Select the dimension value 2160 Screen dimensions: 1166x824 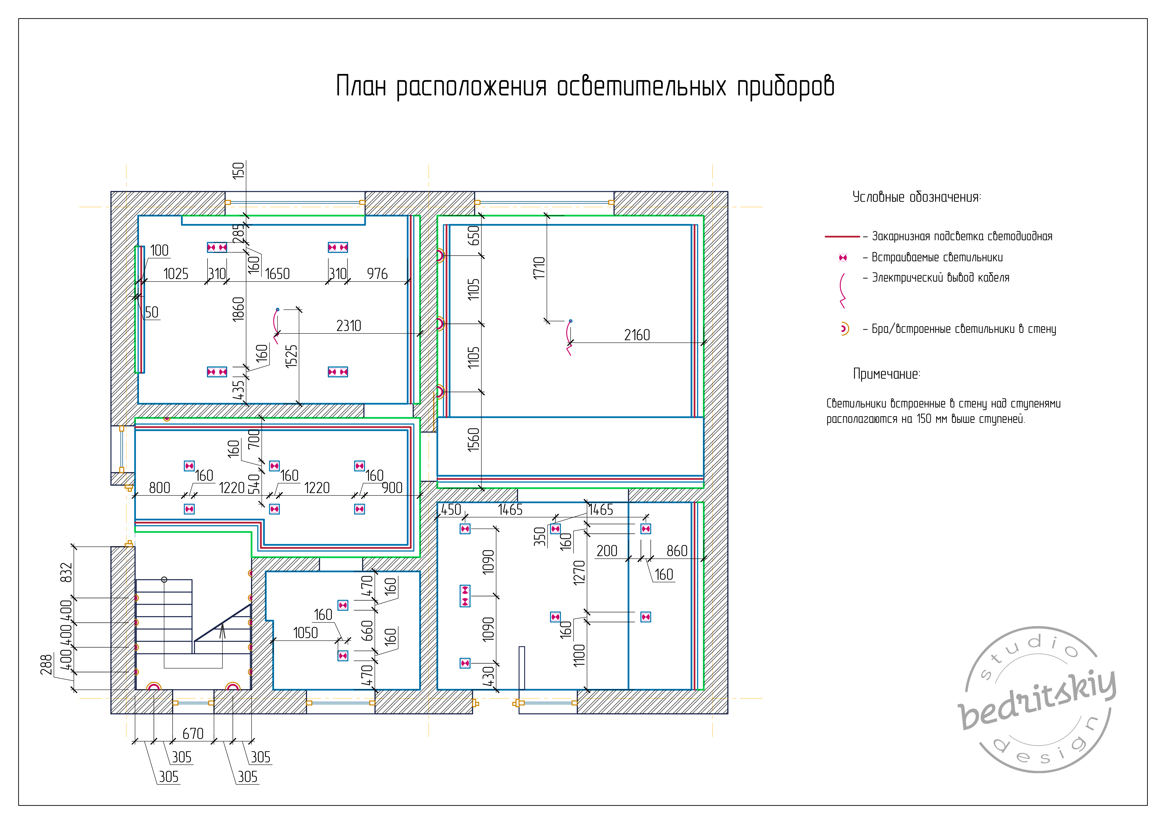(637, 335)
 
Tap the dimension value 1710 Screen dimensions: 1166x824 (539, 268)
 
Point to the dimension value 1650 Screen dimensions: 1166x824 (277, 274)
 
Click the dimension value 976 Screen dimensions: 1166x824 (377, 274)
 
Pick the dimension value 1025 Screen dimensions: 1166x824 (176, 274)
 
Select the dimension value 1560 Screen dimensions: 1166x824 (473, 440)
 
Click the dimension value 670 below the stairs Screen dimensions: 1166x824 (193, 734)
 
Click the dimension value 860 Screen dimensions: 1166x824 (677, 551)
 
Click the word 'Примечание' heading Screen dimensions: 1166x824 (886, 374)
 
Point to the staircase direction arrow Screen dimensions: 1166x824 (222, 639)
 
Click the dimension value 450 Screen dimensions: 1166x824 (451, 510)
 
